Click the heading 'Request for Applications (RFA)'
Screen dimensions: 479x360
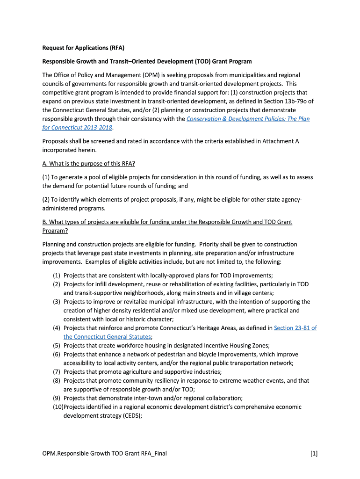pos(83,48)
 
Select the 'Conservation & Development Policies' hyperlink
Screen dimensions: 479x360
pos(248,119)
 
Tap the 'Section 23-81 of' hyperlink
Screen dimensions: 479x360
pos(295,328)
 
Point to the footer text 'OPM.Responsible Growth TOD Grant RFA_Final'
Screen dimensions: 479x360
pos(104,453)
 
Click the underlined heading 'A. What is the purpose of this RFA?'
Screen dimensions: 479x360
pos(89,163)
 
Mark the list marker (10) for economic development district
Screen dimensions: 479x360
pos(58,407)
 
